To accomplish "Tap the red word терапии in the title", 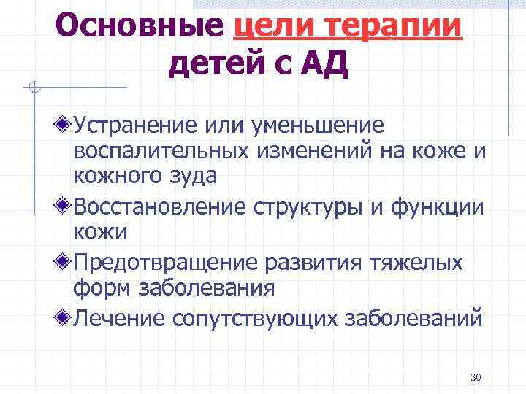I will pyautogui.click(x=394, y=27).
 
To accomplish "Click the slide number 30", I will pyautogui.click(x=476, y=377).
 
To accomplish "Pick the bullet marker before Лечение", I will pyautogui.click(x=65, y=317).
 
